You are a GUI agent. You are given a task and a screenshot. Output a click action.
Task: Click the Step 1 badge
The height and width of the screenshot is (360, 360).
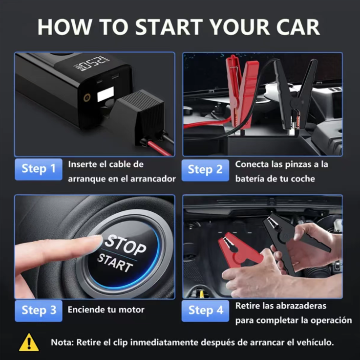point(38,169)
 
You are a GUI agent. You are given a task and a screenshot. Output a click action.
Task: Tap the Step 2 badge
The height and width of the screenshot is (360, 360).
point(205,170)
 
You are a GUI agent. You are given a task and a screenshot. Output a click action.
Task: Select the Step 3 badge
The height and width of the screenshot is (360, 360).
point(38,311)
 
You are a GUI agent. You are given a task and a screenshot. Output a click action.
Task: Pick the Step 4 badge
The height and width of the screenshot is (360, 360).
point(205,311)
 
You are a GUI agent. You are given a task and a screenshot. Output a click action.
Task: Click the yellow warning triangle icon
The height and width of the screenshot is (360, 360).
point(29,343)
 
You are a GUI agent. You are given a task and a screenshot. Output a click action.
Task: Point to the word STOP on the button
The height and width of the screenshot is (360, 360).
point(126,245)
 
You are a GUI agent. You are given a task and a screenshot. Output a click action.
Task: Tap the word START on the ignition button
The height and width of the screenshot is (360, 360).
point(115,263)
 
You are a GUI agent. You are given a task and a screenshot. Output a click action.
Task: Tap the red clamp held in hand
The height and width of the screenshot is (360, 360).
point(239,250)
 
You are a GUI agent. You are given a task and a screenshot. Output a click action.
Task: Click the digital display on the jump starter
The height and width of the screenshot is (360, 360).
point(92,63)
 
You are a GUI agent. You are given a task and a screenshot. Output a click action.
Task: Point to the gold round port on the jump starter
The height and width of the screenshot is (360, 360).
point(87,98)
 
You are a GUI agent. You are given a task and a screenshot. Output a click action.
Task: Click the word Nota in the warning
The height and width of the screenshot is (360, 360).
point(62,342)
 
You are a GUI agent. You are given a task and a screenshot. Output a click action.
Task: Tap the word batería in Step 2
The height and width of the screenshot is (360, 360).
point(250,179)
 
